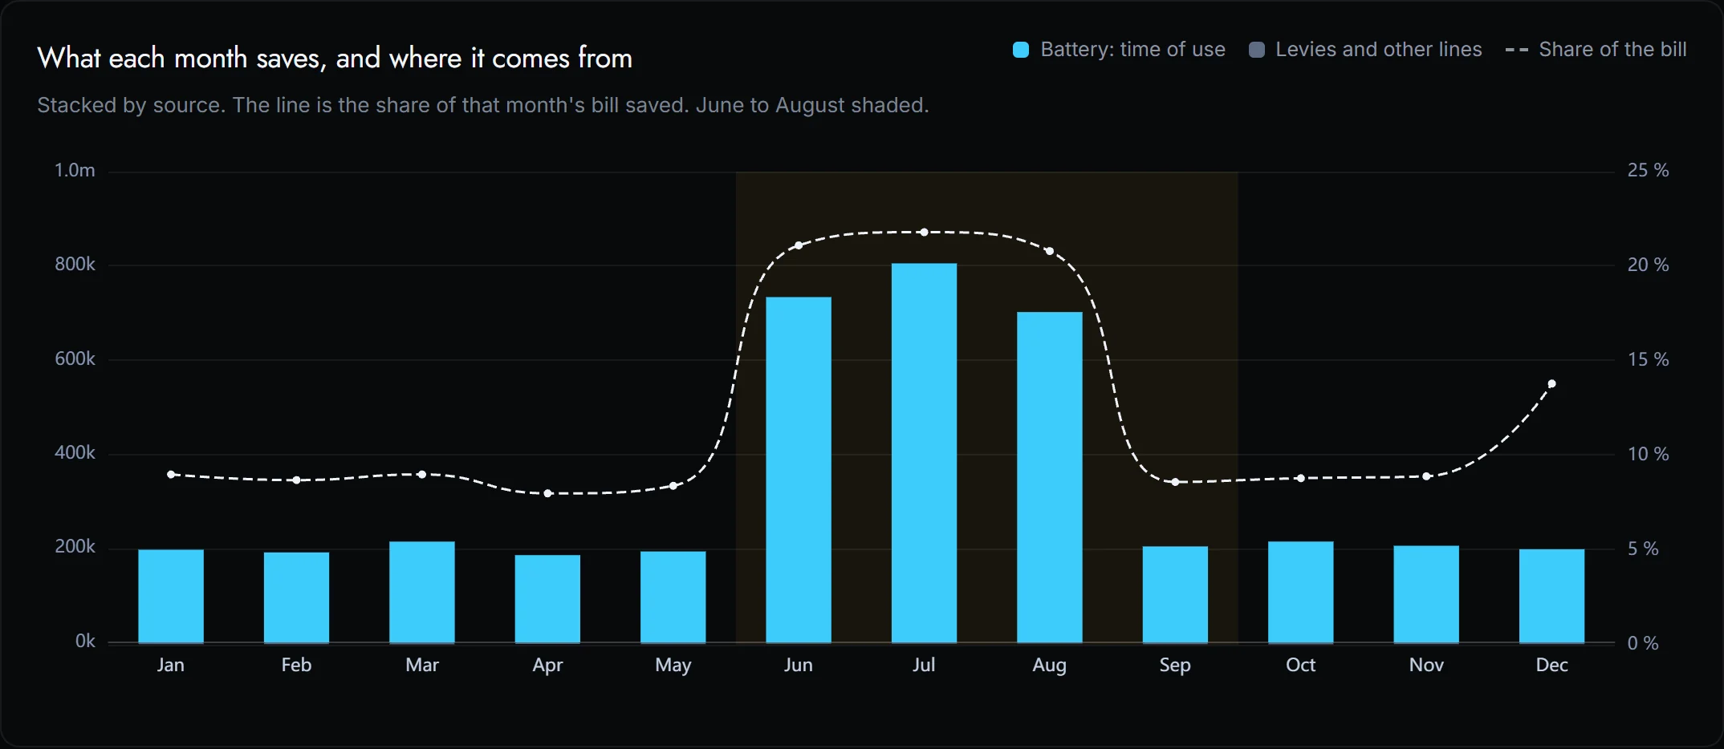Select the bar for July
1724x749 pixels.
click(924, 453)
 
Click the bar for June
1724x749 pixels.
click(799, 470)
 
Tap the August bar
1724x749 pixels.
click(1050, 477)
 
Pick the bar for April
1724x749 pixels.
click(547, 599)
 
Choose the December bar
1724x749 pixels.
click(1551, 596)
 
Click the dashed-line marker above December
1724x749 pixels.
click(1551, 384)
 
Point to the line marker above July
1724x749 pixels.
click(924, 233)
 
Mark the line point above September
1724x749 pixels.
click(1175, 482)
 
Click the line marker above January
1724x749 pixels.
click(171, 475)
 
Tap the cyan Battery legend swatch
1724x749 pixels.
click(1021, 50)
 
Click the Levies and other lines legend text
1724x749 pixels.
click(1379, 50)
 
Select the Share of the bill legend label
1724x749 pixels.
click(1612, 50)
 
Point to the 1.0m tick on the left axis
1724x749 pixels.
click(75, 170)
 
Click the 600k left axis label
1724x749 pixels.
click(75, 358)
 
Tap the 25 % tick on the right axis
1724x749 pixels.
click(1648, 170)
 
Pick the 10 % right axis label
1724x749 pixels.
click(1648, 454)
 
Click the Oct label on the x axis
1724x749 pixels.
click(1300, 665)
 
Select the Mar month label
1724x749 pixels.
click(422, 665)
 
